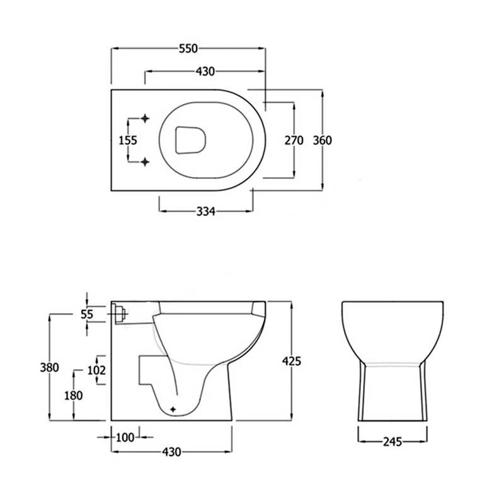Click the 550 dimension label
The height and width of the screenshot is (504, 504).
188,49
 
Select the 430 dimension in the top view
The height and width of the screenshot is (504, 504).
205,71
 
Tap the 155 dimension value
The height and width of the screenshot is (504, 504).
128,140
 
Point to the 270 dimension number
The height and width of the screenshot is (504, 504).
294,140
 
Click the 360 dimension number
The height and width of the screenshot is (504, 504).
323,140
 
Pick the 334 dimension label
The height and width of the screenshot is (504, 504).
206,212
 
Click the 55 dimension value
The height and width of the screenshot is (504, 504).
87,314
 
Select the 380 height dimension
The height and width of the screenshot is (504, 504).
50,367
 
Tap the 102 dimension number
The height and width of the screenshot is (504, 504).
96,370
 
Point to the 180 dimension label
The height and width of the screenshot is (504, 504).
74,396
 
